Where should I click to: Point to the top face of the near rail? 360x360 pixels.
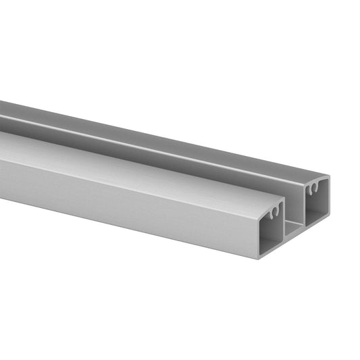[x=135, y=159]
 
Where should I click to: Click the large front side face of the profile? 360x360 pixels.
[x=122, y=196]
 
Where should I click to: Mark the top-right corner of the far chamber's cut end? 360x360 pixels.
[x=328, y=178]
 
